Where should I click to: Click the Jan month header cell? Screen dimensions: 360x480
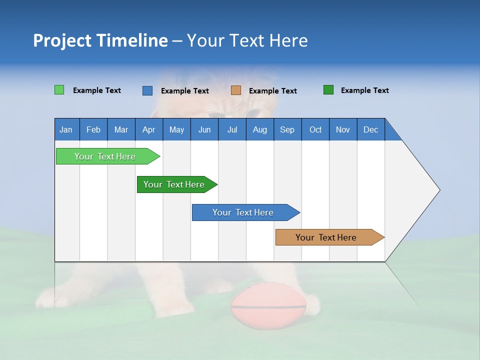coord(66,129)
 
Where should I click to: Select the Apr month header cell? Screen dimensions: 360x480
coord(148,129)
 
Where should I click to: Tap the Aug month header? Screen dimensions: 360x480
coord(259,129)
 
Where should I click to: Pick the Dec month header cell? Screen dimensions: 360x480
coord(370,129)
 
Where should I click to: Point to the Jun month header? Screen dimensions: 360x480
coord(204,129)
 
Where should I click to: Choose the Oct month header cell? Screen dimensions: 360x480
coord(315,129)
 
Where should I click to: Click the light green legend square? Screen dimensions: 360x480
coord(59,90)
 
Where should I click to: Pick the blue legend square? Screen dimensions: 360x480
coord(147,90)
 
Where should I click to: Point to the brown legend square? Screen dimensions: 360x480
coord(236,90)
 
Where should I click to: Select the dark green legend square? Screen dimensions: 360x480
coord(328,90)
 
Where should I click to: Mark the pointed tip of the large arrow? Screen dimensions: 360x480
coord(439,190)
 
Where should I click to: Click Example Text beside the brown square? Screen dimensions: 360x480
coord(272,90)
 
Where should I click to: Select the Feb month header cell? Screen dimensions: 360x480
coord(93,129)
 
